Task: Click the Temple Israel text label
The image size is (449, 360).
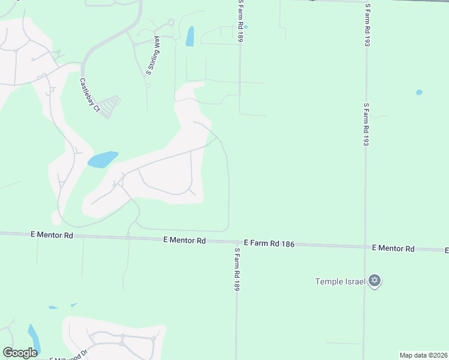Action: tap(340, 281)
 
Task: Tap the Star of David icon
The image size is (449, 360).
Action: tap(375, 281)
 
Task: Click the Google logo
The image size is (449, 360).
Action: tap(20, 353)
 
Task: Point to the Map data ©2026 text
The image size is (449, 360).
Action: tap(423, 355)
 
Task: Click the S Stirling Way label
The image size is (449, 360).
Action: tap(152, 56)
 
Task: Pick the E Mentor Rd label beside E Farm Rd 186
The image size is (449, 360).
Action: tap(184, 240)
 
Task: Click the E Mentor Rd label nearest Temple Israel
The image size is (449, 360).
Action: tap(393, 248)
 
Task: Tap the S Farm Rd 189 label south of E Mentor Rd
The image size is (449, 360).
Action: tap(237, 269)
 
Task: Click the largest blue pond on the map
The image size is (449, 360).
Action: tap(102, 160)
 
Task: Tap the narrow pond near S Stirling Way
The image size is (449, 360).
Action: tap(190, 36)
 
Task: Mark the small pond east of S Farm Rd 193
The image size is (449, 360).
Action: tap(419, 92)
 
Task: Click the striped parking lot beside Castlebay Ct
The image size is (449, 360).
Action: tap(109, 107)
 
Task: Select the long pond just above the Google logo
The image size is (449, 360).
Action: tap(34, 338)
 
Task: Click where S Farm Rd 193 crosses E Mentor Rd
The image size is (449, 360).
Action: tap(364, 246)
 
